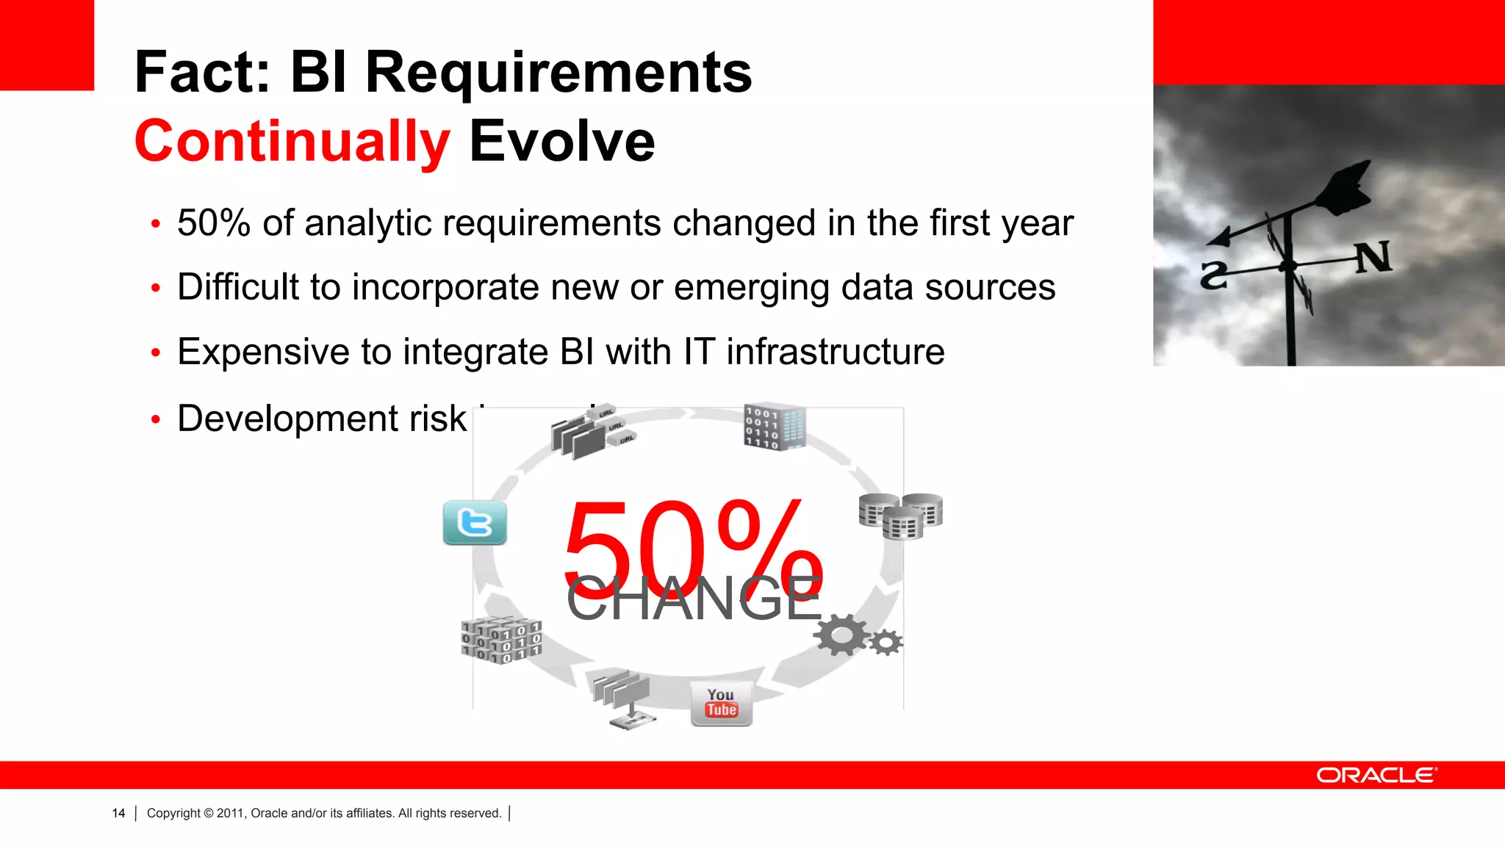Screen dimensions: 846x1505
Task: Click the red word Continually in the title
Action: click(x=292, y=141)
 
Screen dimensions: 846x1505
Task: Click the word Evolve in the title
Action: click(x=561, y=141)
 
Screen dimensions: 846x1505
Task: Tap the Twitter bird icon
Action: click(x=475, y=523)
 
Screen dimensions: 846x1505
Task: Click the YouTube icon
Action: click(x=721, y=704)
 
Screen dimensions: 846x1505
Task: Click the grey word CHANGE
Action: click(x=693, y=599)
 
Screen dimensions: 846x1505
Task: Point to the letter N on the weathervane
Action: click(x=1373, y=257)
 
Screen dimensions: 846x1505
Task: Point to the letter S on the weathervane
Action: click(x=1213, y=275)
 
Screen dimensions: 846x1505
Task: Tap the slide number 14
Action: click(x=118, y=813)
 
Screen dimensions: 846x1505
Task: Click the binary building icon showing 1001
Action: click(x=774, y=426)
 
